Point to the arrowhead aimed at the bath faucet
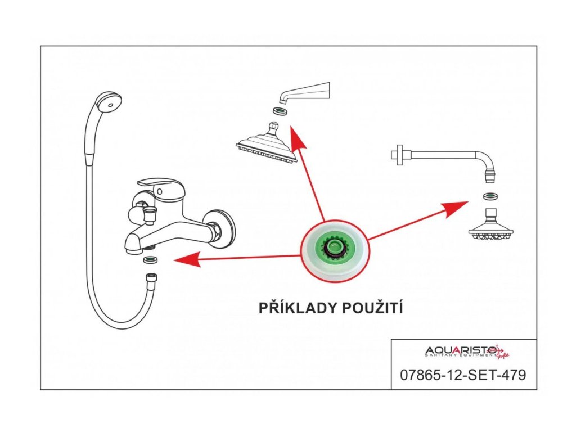click(187, 259)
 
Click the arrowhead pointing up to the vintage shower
click(296, 137)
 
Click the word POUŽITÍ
click(372, 307)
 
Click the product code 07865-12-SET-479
click(463, 375)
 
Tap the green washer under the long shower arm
click(490, 196)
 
